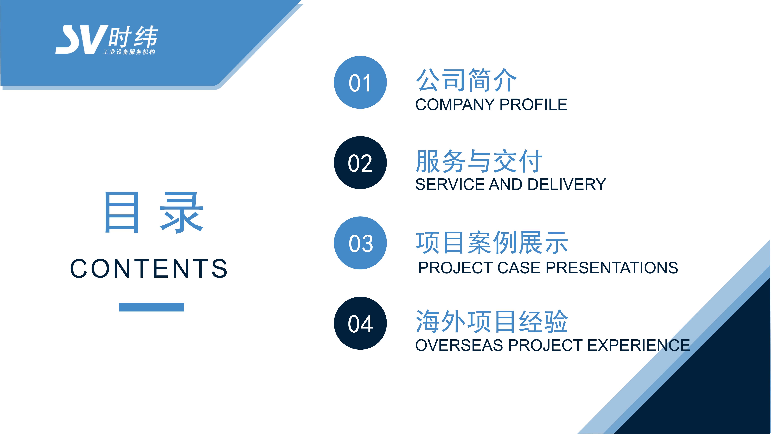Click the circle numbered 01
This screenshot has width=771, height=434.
(360, 82)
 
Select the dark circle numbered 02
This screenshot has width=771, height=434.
(360, 163)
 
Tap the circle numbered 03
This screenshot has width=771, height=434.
(360, 243)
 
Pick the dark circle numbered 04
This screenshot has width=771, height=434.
(360, 323)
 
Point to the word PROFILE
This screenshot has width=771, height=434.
(533, 105)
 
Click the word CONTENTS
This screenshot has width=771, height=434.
(149, 268)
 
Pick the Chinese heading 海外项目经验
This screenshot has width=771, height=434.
(492, 321)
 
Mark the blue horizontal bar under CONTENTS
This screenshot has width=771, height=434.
(151, 307)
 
